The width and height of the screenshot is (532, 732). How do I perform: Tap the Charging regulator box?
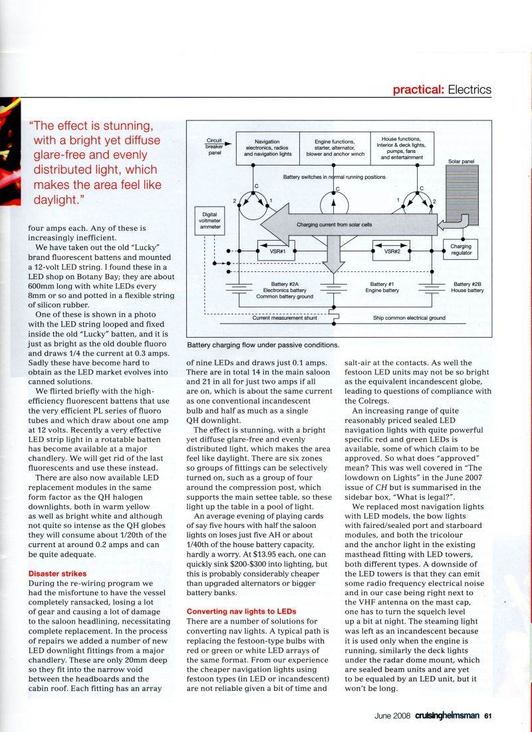[461, 249]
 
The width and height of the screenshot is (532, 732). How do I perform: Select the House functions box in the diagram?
[405, 147]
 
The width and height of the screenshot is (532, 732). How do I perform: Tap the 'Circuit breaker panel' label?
[213, 146]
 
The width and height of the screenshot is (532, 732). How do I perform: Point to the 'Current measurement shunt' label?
[288, 318]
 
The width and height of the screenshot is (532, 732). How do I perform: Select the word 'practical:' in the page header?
[418, 89]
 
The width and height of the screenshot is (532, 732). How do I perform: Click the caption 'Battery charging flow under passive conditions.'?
[263, 345]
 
